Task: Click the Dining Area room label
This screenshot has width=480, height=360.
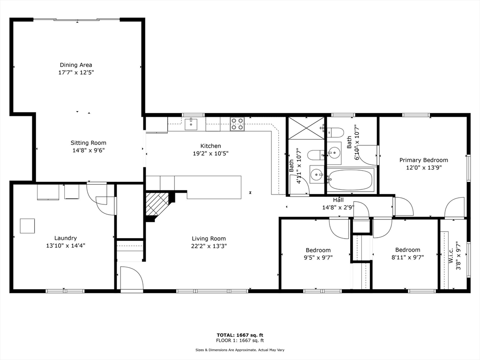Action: click(76, 65)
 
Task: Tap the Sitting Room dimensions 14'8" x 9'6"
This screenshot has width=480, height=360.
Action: click(88, 150)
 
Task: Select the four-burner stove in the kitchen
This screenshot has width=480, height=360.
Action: click(237, 124)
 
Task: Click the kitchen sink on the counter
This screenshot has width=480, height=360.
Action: click(191, 124)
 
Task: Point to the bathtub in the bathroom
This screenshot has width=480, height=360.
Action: click(350, 180)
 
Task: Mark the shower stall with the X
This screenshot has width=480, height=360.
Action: click(306, 128)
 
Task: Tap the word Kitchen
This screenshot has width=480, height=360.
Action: click(210, 146)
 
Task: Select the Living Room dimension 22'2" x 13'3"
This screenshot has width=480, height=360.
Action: click(209, 246)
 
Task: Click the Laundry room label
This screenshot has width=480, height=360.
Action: click(65, 238)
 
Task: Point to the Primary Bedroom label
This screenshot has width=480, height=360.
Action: click(423, 160)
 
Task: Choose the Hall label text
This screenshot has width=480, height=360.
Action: click(338, 200)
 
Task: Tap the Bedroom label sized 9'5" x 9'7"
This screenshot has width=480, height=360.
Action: click(318, 250)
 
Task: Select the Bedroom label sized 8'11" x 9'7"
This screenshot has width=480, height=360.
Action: click(407, 250)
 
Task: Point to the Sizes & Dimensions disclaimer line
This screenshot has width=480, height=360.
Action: click(240, 350)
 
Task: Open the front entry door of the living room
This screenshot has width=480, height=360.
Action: click(131, 279)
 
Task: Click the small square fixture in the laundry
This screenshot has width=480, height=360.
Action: click(28, 226)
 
